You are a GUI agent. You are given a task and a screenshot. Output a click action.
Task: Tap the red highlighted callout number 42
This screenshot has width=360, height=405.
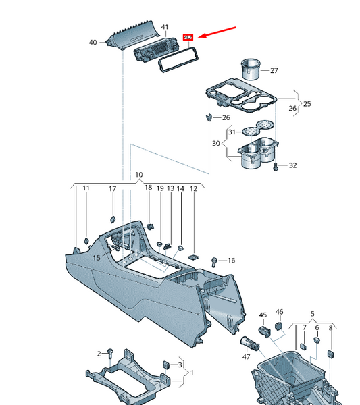click(x=189, y=38)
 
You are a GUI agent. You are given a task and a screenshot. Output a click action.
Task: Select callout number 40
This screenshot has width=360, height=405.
click(x=93, y=43)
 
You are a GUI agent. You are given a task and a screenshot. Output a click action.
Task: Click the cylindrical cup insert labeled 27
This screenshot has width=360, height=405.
click(x=251, y=69)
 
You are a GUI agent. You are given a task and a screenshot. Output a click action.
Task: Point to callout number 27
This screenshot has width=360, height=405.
click(x=274, y=70)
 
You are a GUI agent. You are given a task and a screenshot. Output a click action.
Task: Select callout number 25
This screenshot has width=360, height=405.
click(x=307, y=104)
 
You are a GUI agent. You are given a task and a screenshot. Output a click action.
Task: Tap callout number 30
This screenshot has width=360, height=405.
click(x=216, y=143)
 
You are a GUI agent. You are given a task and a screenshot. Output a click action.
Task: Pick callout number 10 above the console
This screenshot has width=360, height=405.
click(x=138, y=175)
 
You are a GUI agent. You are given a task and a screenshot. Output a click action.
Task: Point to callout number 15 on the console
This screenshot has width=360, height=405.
click(x=97, y=258)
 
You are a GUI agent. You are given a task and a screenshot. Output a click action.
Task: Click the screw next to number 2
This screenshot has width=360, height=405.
click(x=109, y=352)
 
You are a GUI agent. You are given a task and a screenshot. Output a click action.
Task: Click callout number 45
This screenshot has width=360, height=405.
click(x=263, y=315)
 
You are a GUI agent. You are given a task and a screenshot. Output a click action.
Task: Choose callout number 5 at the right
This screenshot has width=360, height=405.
click(x=313, y=315)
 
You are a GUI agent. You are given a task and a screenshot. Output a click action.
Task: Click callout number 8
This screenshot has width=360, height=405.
click(x=330, y=328)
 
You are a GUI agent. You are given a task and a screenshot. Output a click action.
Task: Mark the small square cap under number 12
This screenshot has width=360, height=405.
click(x=194, y=257)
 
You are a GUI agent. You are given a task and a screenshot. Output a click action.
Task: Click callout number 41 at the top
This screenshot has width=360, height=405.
click(x=164, y=26)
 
